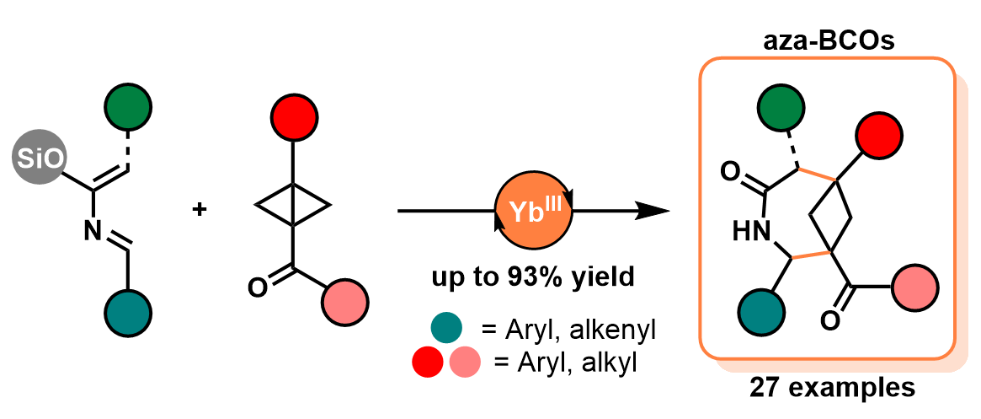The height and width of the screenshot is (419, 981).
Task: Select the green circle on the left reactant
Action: (x=128, y=109)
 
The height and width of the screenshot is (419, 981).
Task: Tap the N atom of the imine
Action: (x=93, y=233)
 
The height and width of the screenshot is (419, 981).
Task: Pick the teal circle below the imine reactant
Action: (x=128, y=311)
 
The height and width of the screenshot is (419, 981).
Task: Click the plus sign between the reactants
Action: (x=200, y=208)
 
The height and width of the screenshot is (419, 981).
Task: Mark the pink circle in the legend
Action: (x=465, y=363)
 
